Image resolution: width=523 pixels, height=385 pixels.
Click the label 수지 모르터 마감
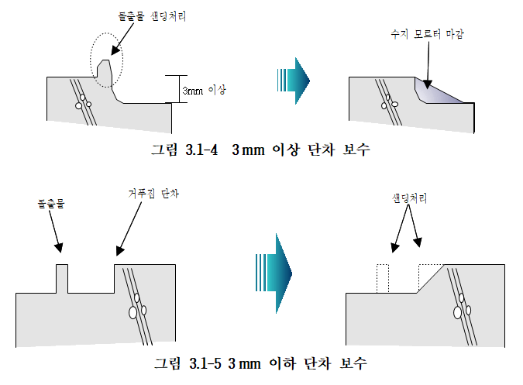[x=428, y=34]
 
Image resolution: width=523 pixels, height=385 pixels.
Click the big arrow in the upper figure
[x=292, y=78]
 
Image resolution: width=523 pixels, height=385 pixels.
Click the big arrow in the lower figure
[x=273, y=270]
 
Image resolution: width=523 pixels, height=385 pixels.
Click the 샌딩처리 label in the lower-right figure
[x=410, y=199]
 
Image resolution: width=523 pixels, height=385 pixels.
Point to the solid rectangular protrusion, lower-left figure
[x=62, y=278]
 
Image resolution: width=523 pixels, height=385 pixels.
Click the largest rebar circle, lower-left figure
[x=132, y=312]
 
